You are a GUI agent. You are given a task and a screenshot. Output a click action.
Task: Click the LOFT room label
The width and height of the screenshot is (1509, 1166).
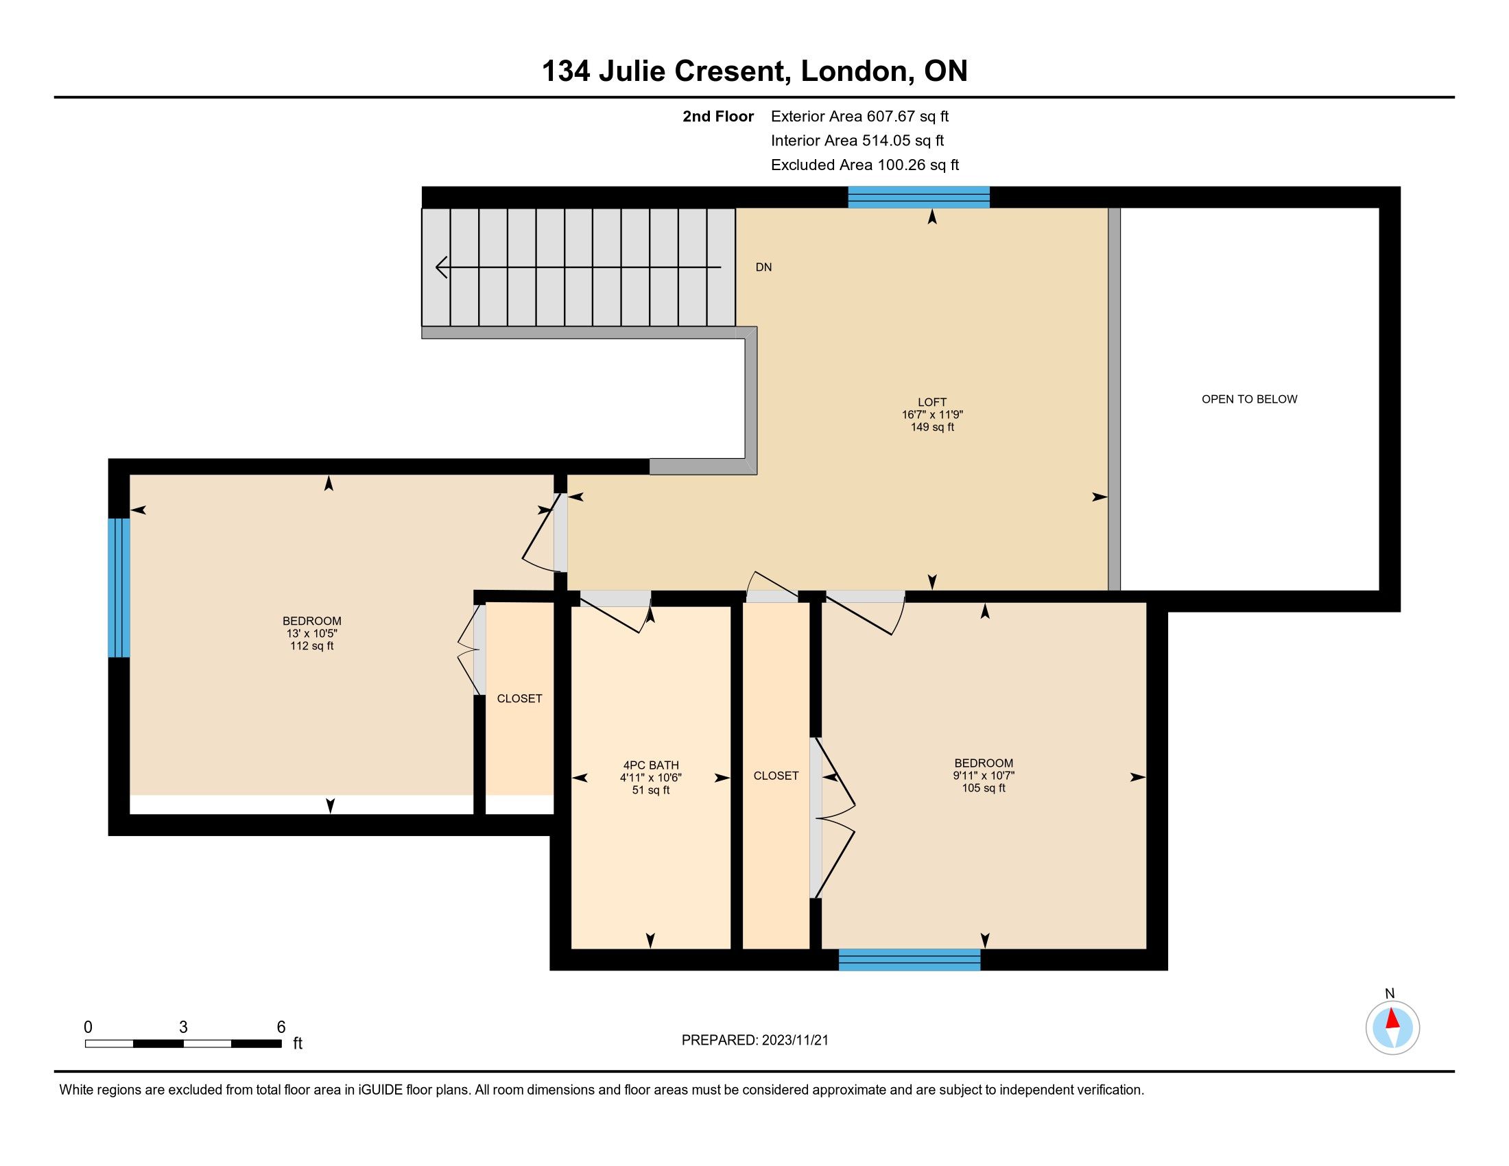[932, 402]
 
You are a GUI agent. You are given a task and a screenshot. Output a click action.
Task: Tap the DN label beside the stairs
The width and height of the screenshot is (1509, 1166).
[763, 267]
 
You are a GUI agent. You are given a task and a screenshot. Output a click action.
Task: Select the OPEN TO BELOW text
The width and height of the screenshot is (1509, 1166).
[1249, 399]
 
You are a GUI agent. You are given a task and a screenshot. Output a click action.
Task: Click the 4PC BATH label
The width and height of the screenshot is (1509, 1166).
[651, 765]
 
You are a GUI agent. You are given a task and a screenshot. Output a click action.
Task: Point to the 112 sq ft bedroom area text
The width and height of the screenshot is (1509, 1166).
[311, 647]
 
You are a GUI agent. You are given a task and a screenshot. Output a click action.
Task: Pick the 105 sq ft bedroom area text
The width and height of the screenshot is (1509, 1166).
[983, 788]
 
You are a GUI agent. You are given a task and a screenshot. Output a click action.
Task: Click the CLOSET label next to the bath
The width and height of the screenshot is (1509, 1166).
[776, 776]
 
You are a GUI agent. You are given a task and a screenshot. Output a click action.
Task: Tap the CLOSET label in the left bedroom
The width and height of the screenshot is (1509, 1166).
[520, 699]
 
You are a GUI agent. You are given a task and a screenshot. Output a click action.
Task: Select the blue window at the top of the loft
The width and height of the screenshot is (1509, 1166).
[919, 197]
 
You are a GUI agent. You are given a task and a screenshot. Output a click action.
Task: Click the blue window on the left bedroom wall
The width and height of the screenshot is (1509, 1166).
[119, 588]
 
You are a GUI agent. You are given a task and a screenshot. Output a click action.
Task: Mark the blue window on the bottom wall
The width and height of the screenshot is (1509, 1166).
[910, 960]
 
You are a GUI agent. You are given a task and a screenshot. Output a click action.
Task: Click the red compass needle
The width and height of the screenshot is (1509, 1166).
[1393, 1019]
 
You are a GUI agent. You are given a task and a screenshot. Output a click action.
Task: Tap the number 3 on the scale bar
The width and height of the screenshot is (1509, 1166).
[183, 1027]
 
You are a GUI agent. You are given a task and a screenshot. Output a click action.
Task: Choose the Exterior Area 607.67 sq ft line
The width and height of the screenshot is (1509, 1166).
[860, 117]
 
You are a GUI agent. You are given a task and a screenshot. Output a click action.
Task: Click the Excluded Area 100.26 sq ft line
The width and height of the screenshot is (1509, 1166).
[865, 165]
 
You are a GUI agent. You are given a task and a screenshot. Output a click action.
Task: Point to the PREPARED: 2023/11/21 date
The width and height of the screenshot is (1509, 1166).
[754, 1040]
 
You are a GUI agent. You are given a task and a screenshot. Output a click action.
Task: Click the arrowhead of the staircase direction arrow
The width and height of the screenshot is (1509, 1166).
[441, 267]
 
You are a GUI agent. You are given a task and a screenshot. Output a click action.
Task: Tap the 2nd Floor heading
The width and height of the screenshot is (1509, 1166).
[718, 117]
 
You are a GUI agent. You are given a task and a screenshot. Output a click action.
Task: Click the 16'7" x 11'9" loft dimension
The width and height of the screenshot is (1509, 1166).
[932, 415]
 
